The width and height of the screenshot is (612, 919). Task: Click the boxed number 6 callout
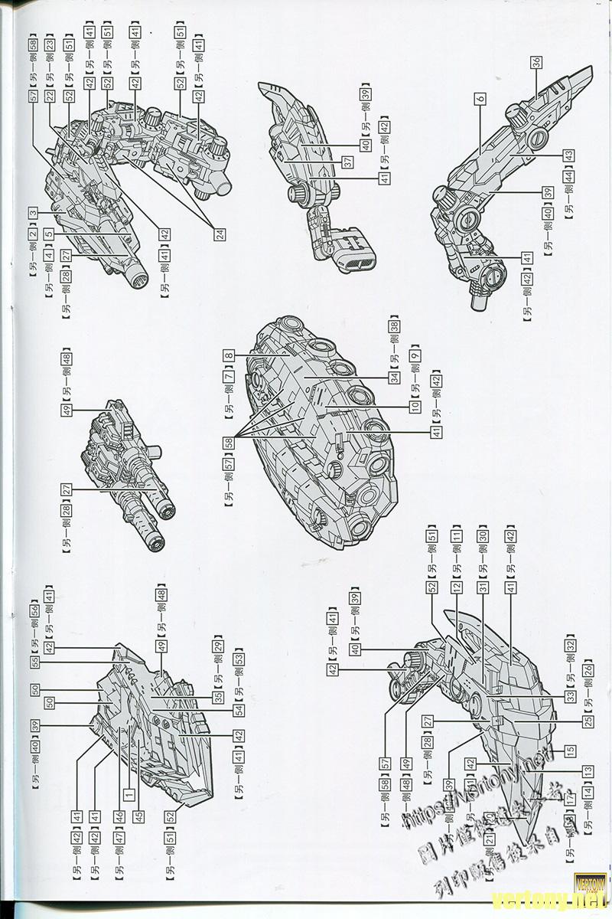(x=480, y=100)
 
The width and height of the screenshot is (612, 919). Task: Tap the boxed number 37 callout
(x=347, y=162)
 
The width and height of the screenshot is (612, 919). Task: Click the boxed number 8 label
(x=228, y=355)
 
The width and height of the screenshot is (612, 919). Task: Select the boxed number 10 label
(x=414, y=405)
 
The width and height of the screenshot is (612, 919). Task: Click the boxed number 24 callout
(x=220, y=235)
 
